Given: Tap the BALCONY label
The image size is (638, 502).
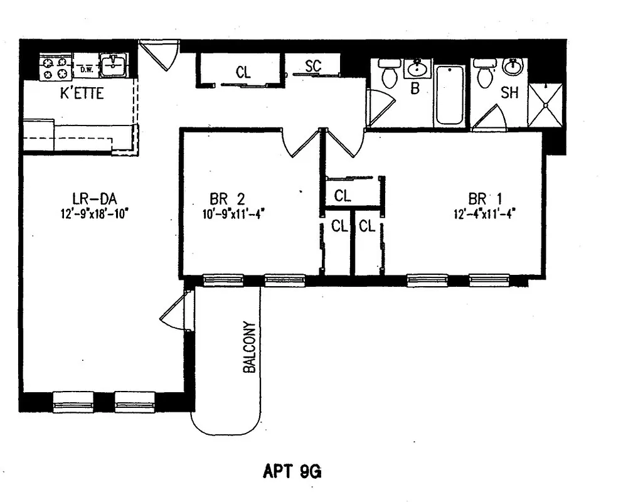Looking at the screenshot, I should tap(250, 348).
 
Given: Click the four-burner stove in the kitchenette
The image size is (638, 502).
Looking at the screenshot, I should tap(55, 67).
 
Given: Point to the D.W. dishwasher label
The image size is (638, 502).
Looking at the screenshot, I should tap(86, 70).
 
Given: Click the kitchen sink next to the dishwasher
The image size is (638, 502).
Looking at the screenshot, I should tap(114, 65).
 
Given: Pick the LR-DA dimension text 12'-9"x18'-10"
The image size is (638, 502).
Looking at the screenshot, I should tap(95, 213).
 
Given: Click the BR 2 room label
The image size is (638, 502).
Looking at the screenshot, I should tap(227, 199).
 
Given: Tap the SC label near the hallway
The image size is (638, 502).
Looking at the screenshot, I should tap(313, 67).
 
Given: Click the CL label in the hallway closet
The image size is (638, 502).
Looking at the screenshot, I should tap(243, 72).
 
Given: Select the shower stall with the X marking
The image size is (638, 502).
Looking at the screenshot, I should tap(545, 105).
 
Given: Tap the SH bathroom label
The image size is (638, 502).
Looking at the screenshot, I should tap(509, 93).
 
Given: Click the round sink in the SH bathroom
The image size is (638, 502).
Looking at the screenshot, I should tap(513, 67).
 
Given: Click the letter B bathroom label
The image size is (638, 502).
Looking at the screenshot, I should tap(415, 89).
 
